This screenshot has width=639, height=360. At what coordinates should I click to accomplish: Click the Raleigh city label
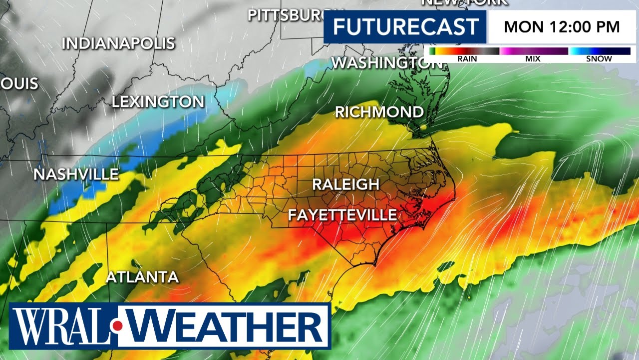(x=345, y=184)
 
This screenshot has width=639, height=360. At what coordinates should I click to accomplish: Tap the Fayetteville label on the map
(x=342, y=215)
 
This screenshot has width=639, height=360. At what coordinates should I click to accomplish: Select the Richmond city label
(x=379, y=112)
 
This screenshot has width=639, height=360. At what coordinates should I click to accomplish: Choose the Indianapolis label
(x=118, y=43)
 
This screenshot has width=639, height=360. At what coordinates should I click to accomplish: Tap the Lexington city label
(x=158, y=102)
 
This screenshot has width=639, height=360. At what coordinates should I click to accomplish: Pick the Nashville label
(x=76, y=174)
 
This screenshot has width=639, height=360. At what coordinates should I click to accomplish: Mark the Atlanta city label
(x=142, y=277)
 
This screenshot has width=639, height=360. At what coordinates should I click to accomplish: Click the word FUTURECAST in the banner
(x=405, y=26)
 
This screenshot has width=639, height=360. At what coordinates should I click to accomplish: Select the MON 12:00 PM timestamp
(x=562, y=26)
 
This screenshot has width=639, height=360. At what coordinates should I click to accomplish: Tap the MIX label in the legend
(x=533, y=59)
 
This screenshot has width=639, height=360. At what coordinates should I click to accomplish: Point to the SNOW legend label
(x=599, y=59)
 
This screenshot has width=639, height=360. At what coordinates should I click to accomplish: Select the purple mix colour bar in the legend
(x=534, y=51)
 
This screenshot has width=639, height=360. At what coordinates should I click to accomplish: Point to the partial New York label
(x=464, y=2)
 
